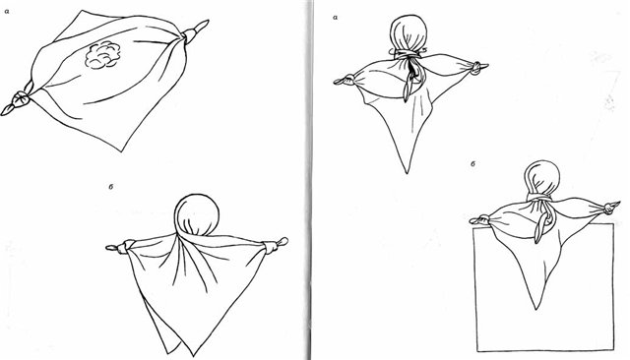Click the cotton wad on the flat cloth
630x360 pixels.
[102, 55]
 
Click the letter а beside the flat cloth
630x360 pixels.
[7, 12]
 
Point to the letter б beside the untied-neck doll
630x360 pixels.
[109, 187]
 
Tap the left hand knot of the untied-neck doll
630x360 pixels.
[122, 247]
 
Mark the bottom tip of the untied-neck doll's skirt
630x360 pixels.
[194, 356]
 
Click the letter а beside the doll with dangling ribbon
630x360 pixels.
[335, 18]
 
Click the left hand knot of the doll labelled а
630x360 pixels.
[346, 80]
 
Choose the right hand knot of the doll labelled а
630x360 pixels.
[477, 67]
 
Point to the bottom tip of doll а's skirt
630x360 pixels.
[407, 172]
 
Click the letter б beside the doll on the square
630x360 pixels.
[473, 163]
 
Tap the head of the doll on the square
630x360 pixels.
[542, 177]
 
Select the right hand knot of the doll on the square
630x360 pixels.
[610, 208]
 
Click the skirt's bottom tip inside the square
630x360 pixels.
[537, 309]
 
